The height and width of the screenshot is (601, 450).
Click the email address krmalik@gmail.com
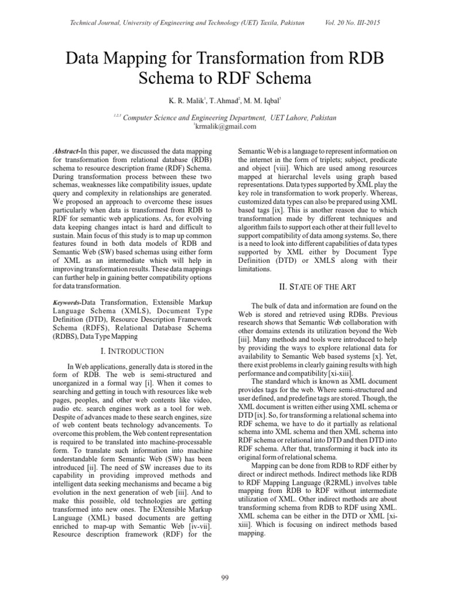pos(225,126)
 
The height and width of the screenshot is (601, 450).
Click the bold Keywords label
pos(66,302)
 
